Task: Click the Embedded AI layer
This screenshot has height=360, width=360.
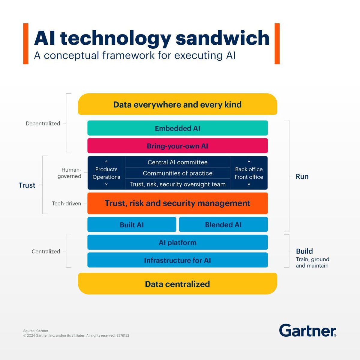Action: point(177,128)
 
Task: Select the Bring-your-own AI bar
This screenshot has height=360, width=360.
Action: point(177,146)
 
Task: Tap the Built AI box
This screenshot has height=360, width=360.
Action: point(132,225)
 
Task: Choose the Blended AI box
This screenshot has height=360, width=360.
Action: point(223,225)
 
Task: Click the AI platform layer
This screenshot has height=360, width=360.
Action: point(177,242)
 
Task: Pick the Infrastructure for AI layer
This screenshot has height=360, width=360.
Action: point(177,260)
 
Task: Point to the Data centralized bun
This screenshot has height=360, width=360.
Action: point(177,284)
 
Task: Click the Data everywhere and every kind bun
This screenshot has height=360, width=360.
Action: point(177,104)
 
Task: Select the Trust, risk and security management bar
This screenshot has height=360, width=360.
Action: point(177,203)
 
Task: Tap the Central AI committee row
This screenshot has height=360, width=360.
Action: point(177,162)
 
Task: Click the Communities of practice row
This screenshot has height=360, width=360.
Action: point(177,173)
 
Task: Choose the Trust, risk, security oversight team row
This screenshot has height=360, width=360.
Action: point(177,184)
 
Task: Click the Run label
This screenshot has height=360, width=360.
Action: point(302,176)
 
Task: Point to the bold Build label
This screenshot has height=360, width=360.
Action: point(304,251)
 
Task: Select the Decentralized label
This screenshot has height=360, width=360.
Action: point(43,123)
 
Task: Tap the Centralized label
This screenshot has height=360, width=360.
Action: point(46,251)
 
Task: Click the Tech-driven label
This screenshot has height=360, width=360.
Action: point(66,203)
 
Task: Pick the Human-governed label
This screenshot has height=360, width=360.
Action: point(70,173)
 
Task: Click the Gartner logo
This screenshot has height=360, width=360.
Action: point(307,331)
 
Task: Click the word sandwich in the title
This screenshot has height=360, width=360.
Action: point(222,38)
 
